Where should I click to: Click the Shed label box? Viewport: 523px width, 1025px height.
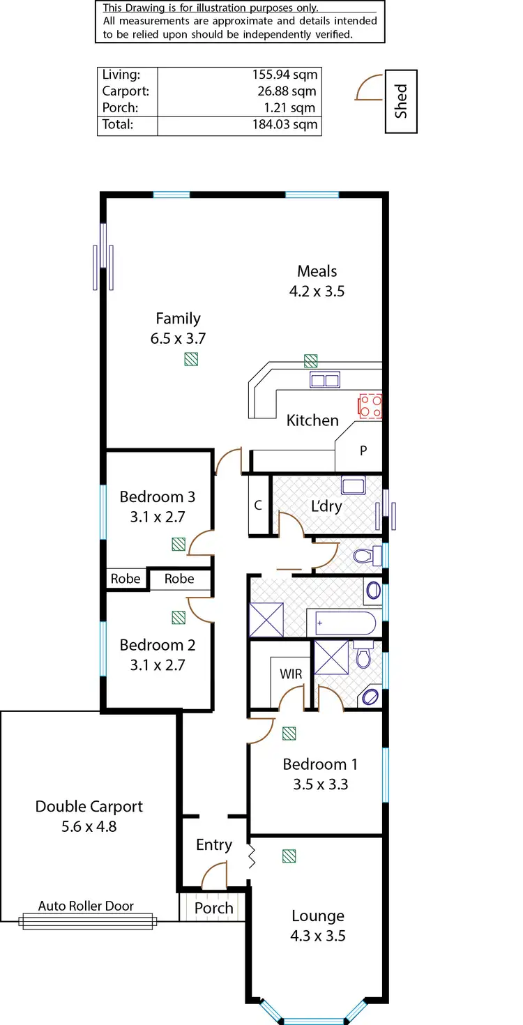tap(401, 101)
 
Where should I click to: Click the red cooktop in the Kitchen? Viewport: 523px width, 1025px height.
tap(370, 406)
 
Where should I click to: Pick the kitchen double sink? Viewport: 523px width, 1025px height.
tap(324, 380)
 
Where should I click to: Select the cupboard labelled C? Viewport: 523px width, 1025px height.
tap(258, 506)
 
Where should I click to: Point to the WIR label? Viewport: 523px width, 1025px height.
tap(291, 674)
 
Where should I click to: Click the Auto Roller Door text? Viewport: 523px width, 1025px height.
tap(86, 906)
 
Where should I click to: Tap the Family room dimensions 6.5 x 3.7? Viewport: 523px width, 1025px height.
tap(178, 339)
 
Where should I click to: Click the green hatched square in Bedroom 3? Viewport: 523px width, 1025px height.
tap(179, 544)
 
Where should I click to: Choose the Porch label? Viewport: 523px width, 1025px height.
tap(213, 909)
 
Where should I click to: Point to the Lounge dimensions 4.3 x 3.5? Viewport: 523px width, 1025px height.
tap(318, 936)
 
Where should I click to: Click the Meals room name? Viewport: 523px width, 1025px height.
tap(317, 271)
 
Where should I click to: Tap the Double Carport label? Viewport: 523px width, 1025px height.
tap(89, 807)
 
